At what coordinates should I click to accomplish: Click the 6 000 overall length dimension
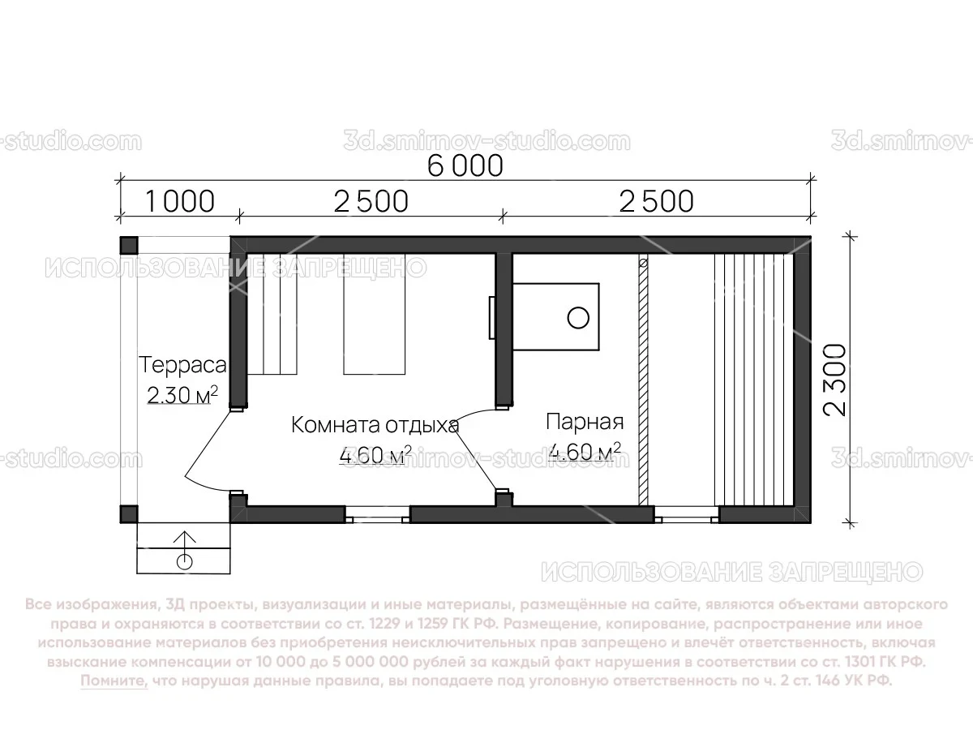(465, 166)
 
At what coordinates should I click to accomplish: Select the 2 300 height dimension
(835, 380)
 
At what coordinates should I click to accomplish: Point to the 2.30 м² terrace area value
(182, 395)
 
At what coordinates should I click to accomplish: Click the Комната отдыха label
(375, 424)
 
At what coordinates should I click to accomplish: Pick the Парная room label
(584, 423)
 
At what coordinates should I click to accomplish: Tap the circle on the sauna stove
(577, 317)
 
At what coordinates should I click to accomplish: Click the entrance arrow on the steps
(185, 541)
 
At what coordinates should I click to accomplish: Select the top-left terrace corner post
(129, 244)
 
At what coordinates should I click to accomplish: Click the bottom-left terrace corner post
(129, 513)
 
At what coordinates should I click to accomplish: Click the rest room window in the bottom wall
(377, 513)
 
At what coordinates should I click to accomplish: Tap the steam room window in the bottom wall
(686, 513)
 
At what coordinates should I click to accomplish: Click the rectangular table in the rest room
(374, 315)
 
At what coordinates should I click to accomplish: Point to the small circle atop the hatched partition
(643, 264)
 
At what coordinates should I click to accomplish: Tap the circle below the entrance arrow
(185, 560)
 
